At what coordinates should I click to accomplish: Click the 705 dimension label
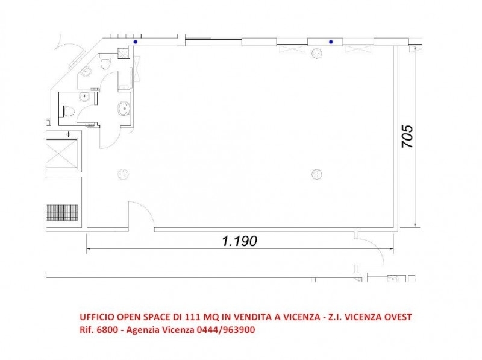click(407, 136)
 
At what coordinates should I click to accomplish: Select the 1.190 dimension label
click(239, 241)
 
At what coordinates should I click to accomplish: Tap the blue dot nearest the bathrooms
click(135, 42)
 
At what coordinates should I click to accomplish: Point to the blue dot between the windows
click(331, 42)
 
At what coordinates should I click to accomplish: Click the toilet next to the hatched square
click(105, 61)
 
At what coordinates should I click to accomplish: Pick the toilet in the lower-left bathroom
click(68, 111)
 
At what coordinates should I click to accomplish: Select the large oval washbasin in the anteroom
click(124, 109)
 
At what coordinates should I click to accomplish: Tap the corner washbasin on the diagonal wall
click(85, 72)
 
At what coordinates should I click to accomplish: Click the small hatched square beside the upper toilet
click(124, 53)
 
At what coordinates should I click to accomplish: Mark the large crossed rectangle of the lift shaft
click(62, 154)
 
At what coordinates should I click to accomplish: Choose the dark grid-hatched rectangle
click(62, 213)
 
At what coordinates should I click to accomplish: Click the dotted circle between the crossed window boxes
click(317, 53)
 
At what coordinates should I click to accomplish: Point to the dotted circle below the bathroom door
click(124, 174)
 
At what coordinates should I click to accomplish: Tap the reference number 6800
click(107, 330)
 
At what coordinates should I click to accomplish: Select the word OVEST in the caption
click(398, 317)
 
